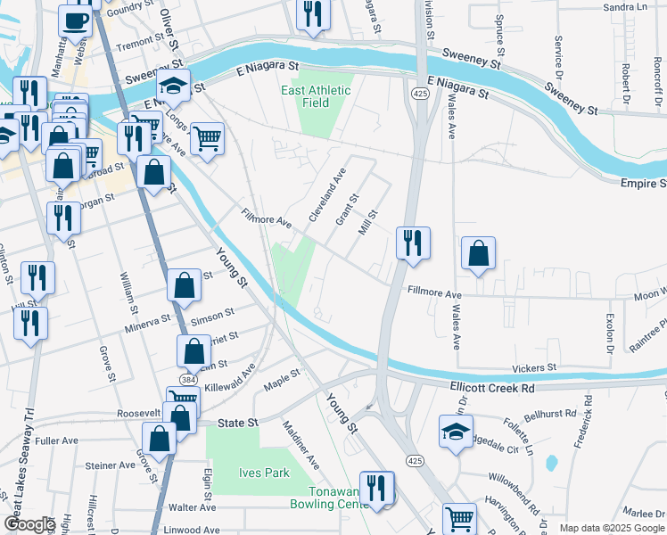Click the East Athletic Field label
pos(317,96)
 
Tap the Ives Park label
pos(263,473)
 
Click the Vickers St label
pos(533,366)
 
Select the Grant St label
pos(346,210)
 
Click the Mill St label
pos(368,223)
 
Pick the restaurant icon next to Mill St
pos(413,243)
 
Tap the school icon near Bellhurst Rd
pos(456,432)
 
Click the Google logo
pos(29,524)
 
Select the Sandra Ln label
pos(625,7)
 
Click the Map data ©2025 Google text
pos(612,528)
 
